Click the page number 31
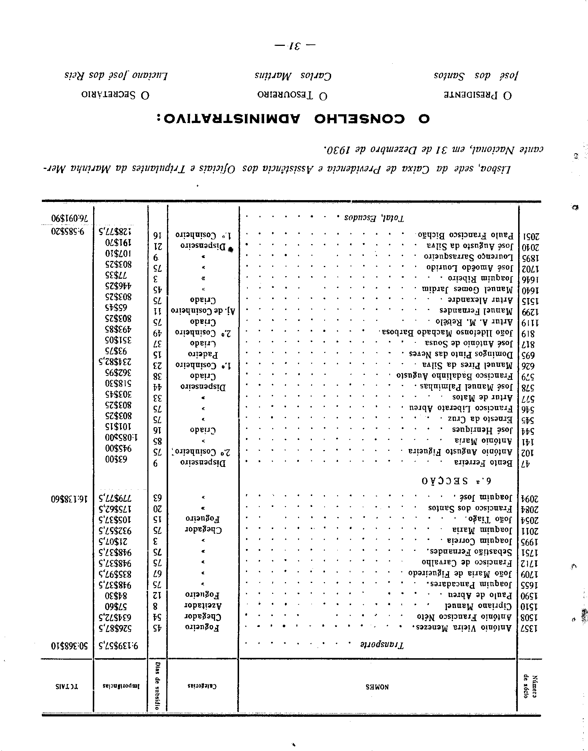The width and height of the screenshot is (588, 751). pos(294,47)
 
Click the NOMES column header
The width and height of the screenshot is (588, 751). pos(377,687)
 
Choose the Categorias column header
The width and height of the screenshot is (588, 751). pos(202,687)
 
